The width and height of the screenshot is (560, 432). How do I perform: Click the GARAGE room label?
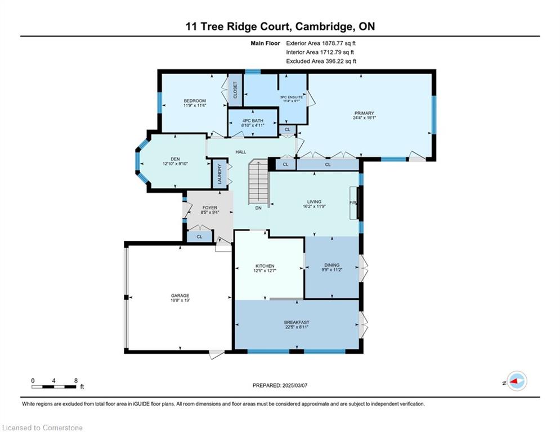click(180, 296)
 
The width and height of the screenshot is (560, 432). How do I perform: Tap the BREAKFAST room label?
click(297, 322)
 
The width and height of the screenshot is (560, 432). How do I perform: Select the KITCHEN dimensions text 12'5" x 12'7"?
click(265, 271)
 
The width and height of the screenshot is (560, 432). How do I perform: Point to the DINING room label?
click(332, 265)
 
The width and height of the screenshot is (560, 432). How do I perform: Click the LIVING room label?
click(314, 201)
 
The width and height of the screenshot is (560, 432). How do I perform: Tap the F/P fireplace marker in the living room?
click(353, 202)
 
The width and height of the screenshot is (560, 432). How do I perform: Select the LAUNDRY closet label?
click(219, 174)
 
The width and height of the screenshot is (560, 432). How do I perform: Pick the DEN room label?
click(175, 159)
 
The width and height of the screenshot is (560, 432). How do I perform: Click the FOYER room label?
click(209, 208)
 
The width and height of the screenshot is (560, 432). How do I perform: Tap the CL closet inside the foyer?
click(199, 237)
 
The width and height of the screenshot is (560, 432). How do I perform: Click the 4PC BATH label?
click(253, 121)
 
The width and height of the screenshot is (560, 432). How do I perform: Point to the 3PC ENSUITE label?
click(292, 97)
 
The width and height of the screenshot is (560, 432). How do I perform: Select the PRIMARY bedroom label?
click(364, 113)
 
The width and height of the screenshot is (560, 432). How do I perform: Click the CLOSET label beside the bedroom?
click(235, 90)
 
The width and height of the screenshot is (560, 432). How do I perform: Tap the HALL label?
click(241, 152)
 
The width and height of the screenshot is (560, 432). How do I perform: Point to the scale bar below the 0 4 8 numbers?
click(53, 386)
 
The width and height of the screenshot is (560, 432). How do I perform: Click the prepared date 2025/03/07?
click(295, 385)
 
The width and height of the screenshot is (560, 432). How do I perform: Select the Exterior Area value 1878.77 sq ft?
click(339, 43)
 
